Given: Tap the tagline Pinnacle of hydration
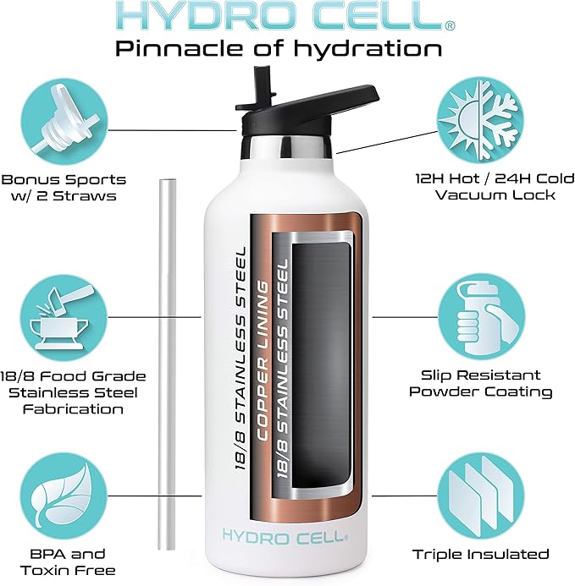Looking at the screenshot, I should pyautogui.click(x=279, y=48).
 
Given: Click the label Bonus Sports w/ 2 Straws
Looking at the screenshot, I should pyautogui.click(x=64, y=188).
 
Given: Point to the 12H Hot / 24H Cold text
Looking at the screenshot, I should pyautogui.click(x=483, y=179).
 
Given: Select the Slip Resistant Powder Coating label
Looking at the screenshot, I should pyautogui.click(x=481, y=383).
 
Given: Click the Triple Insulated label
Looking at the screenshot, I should pyautogui.click(x=481, y=555).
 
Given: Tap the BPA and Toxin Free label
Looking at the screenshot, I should pyautogui.click(x=64, y=562).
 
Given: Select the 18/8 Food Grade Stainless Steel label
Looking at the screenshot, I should pyautogui.click(x=64, y=392).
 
